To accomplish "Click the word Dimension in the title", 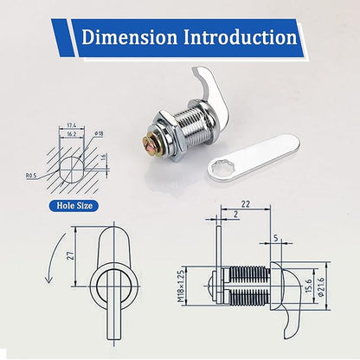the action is click(x=130, y=37).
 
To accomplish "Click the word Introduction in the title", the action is click(x=241, y=37).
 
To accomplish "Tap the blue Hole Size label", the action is click(x=74, y=206).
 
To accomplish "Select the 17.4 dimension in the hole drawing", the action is click(x=71, y=125).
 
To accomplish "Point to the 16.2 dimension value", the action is click(x=71, y=134).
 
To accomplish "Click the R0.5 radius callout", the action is click(x=31, y=175).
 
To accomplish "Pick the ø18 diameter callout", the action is click(x=99, y=133).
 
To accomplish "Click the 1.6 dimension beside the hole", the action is click(x=104, y=158).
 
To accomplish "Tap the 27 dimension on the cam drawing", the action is click(x=70, y=255).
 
